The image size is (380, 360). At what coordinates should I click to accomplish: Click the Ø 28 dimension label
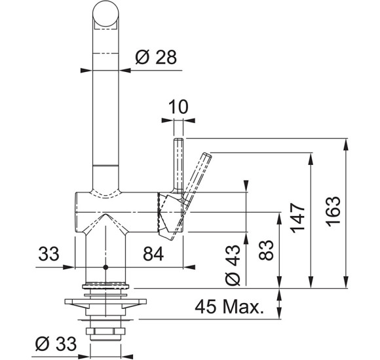(156, 58)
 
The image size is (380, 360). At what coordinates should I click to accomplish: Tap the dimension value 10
(178, 107)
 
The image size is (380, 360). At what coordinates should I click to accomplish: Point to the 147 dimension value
(297, 219)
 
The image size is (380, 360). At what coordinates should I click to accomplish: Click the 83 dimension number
(266, 250)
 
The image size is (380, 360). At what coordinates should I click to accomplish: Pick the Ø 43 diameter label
(233, 264)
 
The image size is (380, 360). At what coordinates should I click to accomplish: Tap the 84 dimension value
(153, 254)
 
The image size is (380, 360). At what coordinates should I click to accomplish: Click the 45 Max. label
(229, 307)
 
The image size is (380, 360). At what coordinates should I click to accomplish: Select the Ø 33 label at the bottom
(56, 344)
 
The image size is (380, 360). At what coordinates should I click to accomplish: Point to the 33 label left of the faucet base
(48, 254)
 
